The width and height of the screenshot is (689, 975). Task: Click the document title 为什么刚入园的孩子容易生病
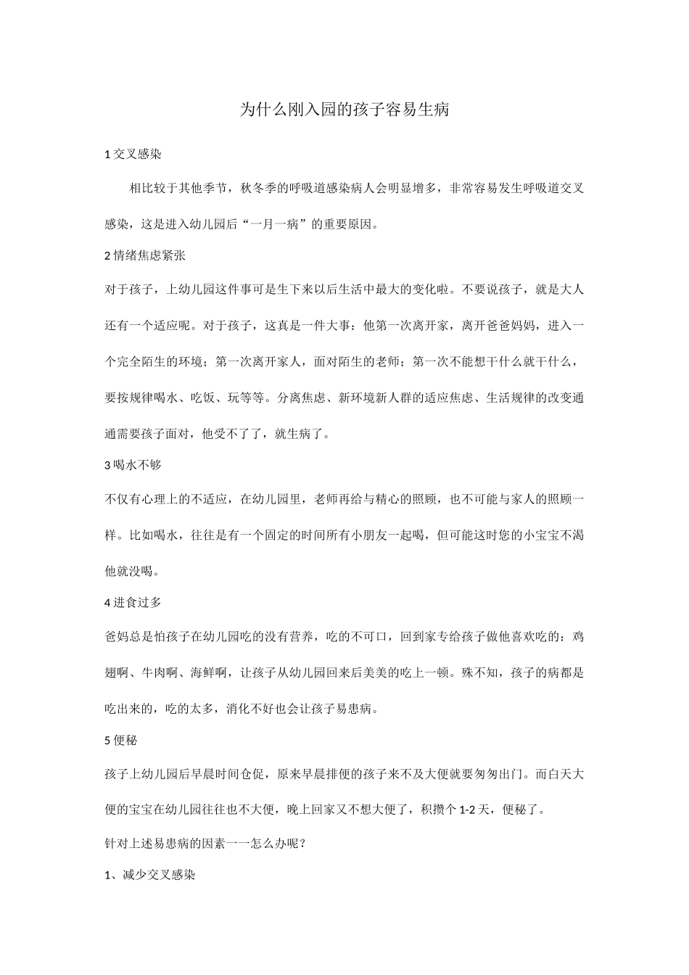point(344,110)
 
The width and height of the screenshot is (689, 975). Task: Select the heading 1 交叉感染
point(133,155)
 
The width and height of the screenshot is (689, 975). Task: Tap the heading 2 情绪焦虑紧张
point(146,255)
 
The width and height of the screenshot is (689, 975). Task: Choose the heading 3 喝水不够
point(133,464)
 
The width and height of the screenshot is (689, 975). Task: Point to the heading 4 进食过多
point(133,602)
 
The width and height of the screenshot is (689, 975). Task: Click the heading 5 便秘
point(121,741)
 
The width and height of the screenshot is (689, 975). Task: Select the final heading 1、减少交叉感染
point(150,876)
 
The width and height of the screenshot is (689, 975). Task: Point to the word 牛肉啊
point(161,672)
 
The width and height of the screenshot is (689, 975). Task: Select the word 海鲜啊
point(211,672)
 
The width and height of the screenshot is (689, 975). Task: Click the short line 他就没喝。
point(132,571)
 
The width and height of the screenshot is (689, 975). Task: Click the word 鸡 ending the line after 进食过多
point(577,638)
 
